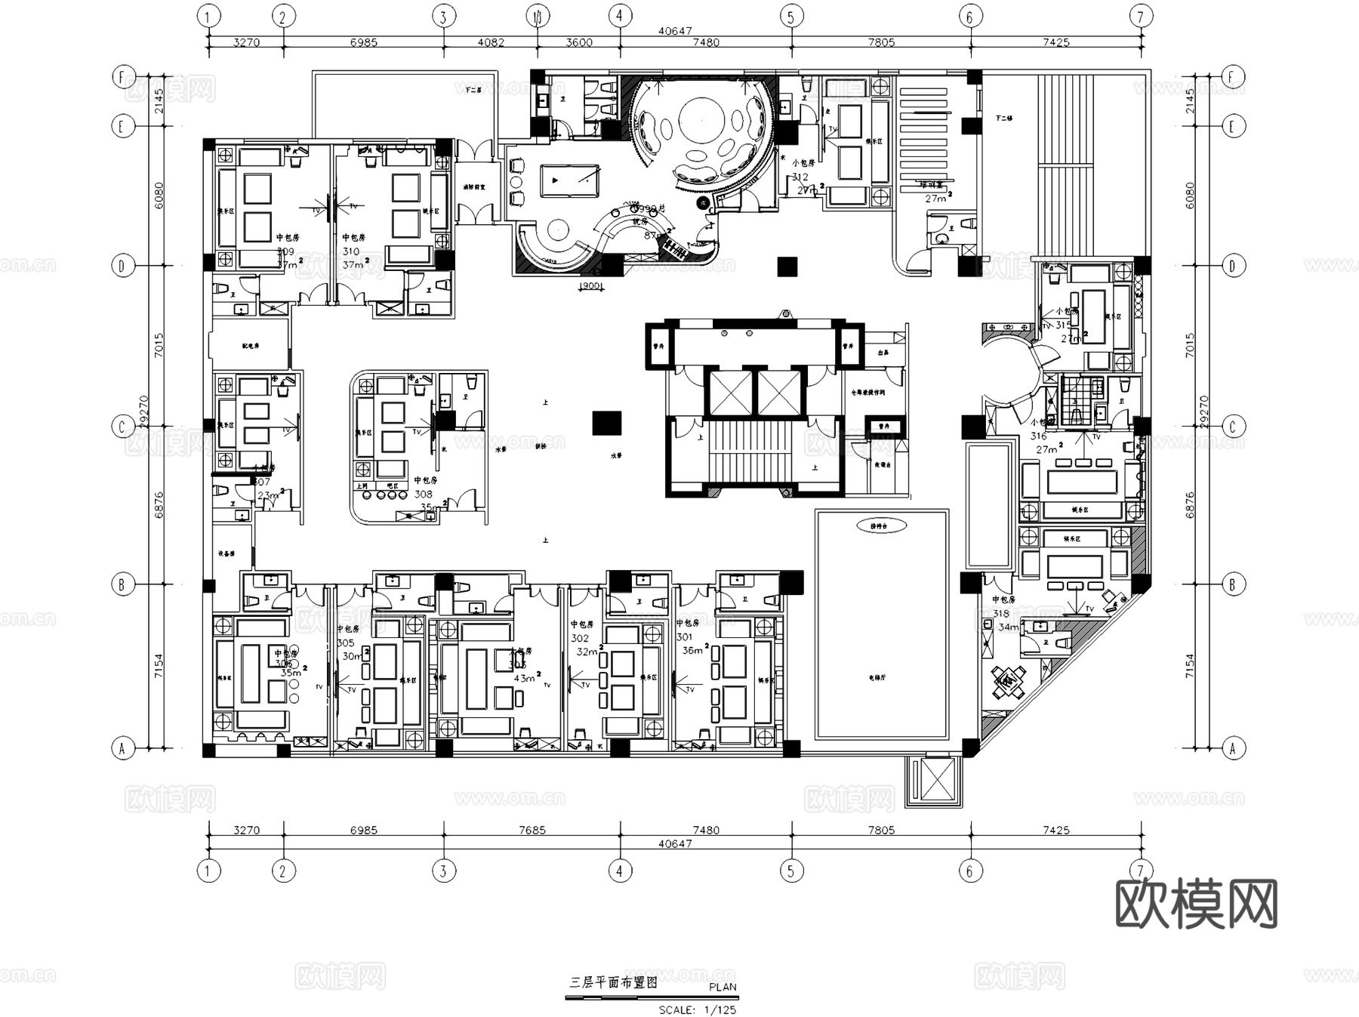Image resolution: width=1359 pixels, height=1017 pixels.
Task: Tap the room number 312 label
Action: (x=800, y=177)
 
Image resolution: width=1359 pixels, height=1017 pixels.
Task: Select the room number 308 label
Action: (x=424, y=495)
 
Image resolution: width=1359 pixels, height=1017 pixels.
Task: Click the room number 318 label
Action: (x=1001, y=614)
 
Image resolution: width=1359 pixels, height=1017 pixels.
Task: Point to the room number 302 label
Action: (x=580, y=638)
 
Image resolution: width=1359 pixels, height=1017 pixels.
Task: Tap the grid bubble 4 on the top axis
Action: (x=620, y=16)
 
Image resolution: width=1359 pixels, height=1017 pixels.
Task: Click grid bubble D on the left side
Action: (x=122, y=266)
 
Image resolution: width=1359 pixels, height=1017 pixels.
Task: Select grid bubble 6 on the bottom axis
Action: (x=969, y=871)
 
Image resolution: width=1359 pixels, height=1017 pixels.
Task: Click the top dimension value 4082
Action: (x=491, y=42)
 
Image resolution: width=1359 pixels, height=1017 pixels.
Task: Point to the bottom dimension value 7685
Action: (x=532, y=830)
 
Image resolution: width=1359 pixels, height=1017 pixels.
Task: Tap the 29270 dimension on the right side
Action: (x=1203, y=412)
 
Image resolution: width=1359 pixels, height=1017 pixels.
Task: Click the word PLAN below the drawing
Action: (x=723, y=987)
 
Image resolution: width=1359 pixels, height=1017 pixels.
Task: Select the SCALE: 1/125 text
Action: (x=697, y=1009)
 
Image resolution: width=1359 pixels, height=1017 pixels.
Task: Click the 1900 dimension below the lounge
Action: (x=591, y=286)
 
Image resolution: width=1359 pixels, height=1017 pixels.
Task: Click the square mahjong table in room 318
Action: (x=1008, y=682)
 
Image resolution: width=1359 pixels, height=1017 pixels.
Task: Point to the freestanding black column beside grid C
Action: (x=606, y=424)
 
